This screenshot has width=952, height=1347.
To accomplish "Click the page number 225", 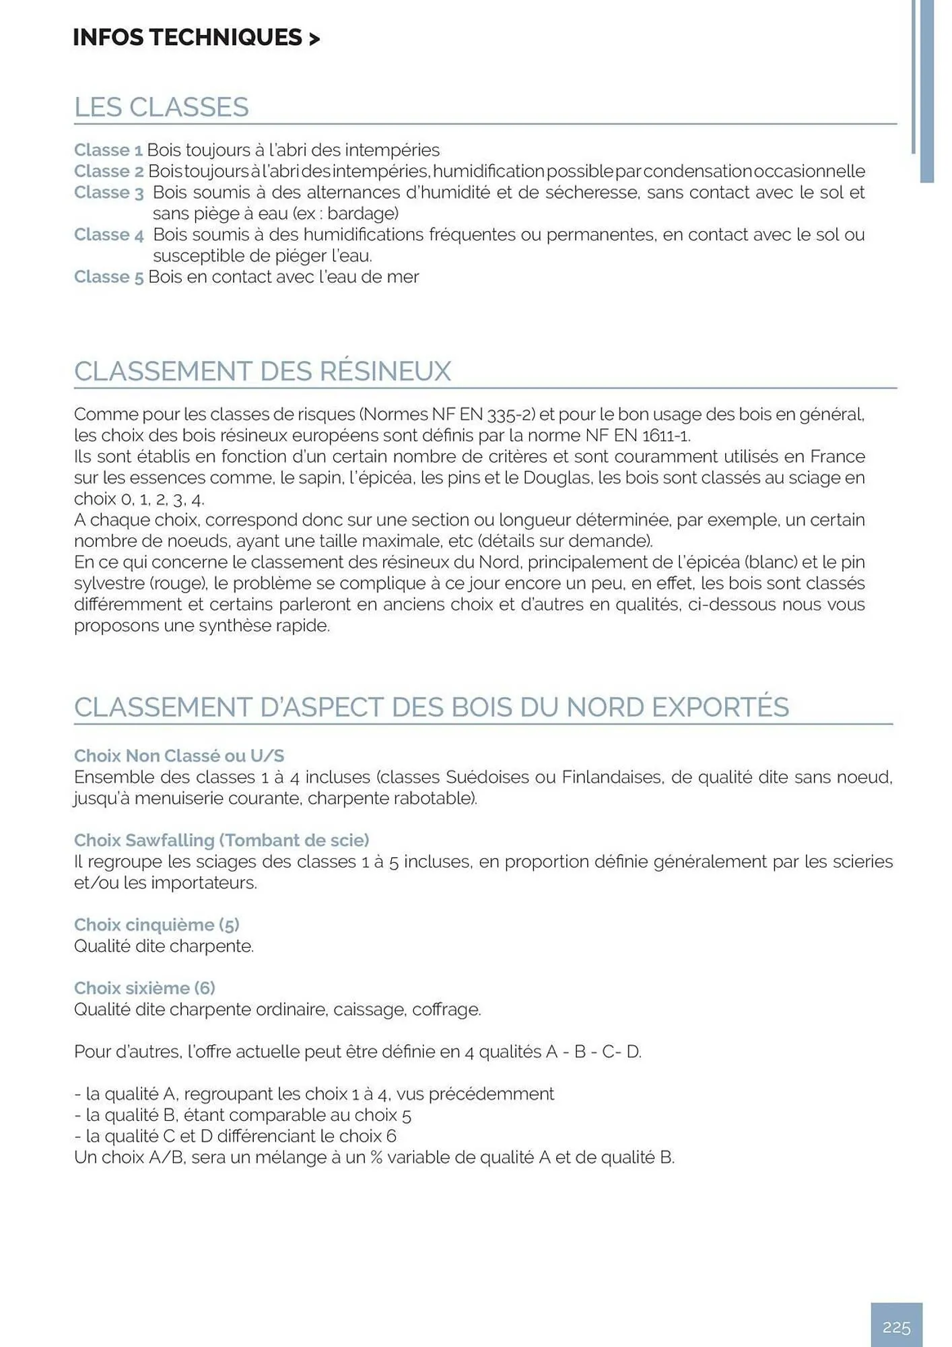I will tap(896, 1327).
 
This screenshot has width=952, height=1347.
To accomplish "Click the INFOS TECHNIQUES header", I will tap(196, 38).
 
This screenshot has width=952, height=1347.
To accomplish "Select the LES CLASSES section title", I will tap(162, 107).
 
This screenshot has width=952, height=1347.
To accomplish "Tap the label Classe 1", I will tap(108, 150).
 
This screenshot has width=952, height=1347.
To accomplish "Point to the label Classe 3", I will tap(108, 193).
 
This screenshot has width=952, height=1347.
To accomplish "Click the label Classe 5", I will tap(108, 277).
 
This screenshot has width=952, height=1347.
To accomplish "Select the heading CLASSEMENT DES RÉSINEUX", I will tap(263, 371).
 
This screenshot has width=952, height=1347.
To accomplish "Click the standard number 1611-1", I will tap(666, 435).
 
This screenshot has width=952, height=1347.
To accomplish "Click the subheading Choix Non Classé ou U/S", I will tap(179, 756).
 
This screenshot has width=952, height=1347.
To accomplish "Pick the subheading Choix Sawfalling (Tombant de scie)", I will tap(222, 840).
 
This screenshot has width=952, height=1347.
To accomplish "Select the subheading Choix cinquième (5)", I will tap(156, 924).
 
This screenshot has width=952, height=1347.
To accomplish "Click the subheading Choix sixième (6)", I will tap(144, 987).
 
